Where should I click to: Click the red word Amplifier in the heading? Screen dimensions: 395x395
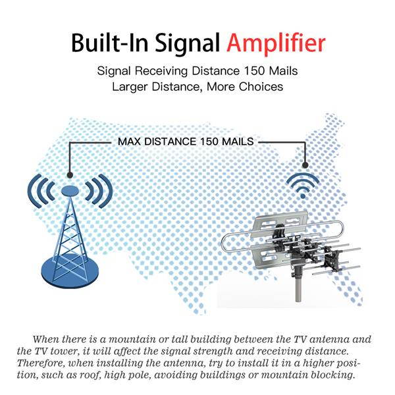pos(275,43)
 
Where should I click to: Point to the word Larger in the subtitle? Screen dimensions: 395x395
pos(131,86)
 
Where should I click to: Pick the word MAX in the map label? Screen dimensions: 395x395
pos(130,141)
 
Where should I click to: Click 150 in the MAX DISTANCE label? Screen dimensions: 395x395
pos(215,141)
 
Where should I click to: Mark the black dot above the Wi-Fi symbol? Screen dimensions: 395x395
pos(305,165)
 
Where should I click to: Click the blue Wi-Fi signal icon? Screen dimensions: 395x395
pos(303,185)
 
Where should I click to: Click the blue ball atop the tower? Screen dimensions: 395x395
pos(70,190)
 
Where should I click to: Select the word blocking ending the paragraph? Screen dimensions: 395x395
pos(332,375)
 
